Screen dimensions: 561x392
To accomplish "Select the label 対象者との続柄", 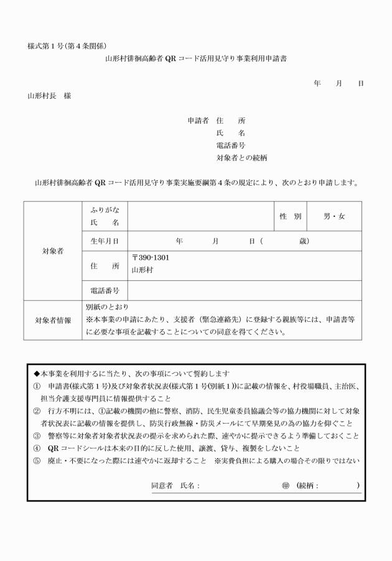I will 241,158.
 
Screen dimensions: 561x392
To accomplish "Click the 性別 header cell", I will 290,216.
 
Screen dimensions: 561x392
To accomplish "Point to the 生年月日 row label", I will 105,241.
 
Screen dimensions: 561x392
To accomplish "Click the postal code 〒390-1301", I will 151,257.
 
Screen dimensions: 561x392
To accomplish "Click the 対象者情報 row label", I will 53,321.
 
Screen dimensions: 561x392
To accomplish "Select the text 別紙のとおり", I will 107,307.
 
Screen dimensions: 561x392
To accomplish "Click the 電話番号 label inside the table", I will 105,290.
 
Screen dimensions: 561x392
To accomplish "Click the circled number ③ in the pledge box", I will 37,435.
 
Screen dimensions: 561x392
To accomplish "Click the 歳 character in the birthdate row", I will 304,241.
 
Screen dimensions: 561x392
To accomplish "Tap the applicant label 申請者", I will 198,121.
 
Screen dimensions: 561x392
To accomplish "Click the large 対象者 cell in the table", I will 53,251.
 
